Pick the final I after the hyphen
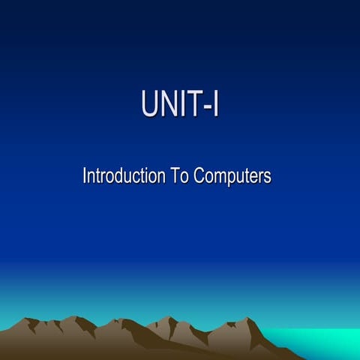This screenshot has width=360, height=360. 215,104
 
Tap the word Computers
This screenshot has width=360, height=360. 232,178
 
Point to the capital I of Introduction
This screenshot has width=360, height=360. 85,177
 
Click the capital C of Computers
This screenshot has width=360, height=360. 199,177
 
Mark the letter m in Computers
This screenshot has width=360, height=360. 218,178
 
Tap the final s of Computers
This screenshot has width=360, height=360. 267,178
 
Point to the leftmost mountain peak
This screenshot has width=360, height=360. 31,319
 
